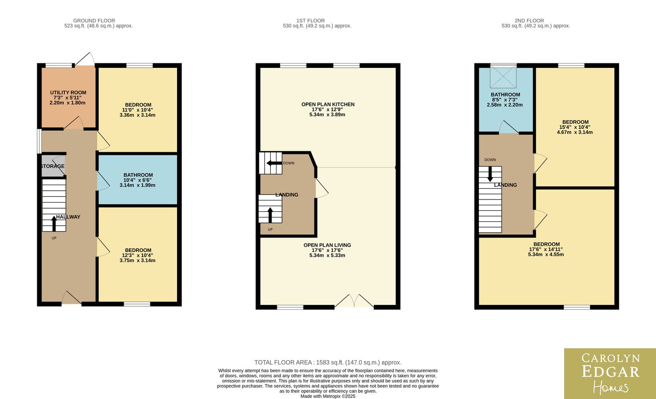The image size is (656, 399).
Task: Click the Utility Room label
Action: tap(68, 93)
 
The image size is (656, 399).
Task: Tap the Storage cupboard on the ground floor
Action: tap(53, 166)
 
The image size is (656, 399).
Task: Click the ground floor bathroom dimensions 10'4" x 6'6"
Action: tap(138, 180)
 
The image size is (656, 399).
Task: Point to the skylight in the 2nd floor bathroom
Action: tap(503, 76)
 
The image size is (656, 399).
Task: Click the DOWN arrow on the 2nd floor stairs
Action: tap(490, 174)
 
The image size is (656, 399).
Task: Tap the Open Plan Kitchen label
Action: tap(328, 104)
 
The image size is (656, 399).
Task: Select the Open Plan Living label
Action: tap(327, 245)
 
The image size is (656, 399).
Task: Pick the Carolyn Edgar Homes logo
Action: tap(610, 374)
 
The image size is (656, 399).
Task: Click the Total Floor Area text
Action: tap(328, 362)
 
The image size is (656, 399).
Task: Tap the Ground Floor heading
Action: tap(94, 21)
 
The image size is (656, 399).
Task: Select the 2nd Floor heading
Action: tap(529, 21)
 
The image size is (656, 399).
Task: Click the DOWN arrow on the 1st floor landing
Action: tap(274, 163)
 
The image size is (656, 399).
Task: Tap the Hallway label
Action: tap(68, 217)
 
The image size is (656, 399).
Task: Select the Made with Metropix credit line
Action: tap(328, 396)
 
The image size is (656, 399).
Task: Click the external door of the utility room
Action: tap(84, 59)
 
